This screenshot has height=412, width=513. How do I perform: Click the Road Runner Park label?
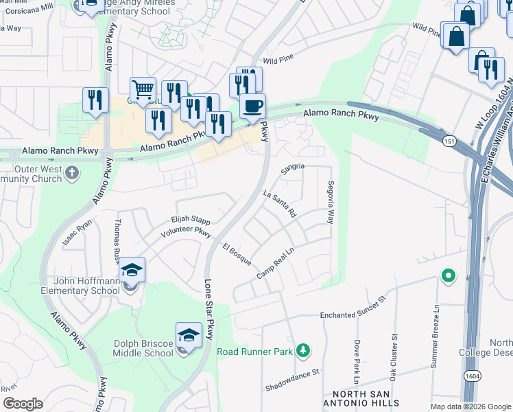tap(256, 352)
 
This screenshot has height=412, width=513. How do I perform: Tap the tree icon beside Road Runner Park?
tap(302, 352)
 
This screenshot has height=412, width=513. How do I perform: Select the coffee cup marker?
tap(252, 106)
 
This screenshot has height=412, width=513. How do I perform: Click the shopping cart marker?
tap(142, 89)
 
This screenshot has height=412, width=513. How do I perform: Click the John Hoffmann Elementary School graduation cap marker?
tap(132, 271)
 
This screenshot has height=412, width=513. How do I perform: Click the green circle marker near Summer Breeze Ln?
tap(449, 276)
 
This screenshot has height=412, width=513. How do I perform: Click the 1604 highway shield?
tap(471, 396)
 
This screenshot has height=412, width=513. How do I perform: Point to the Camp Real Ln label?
tap(276, 264)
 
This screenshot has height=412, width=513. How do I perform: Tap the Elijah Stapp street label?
tap(190, 220)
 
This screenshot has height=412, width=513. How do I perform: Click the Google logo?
tap(22, 404)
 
